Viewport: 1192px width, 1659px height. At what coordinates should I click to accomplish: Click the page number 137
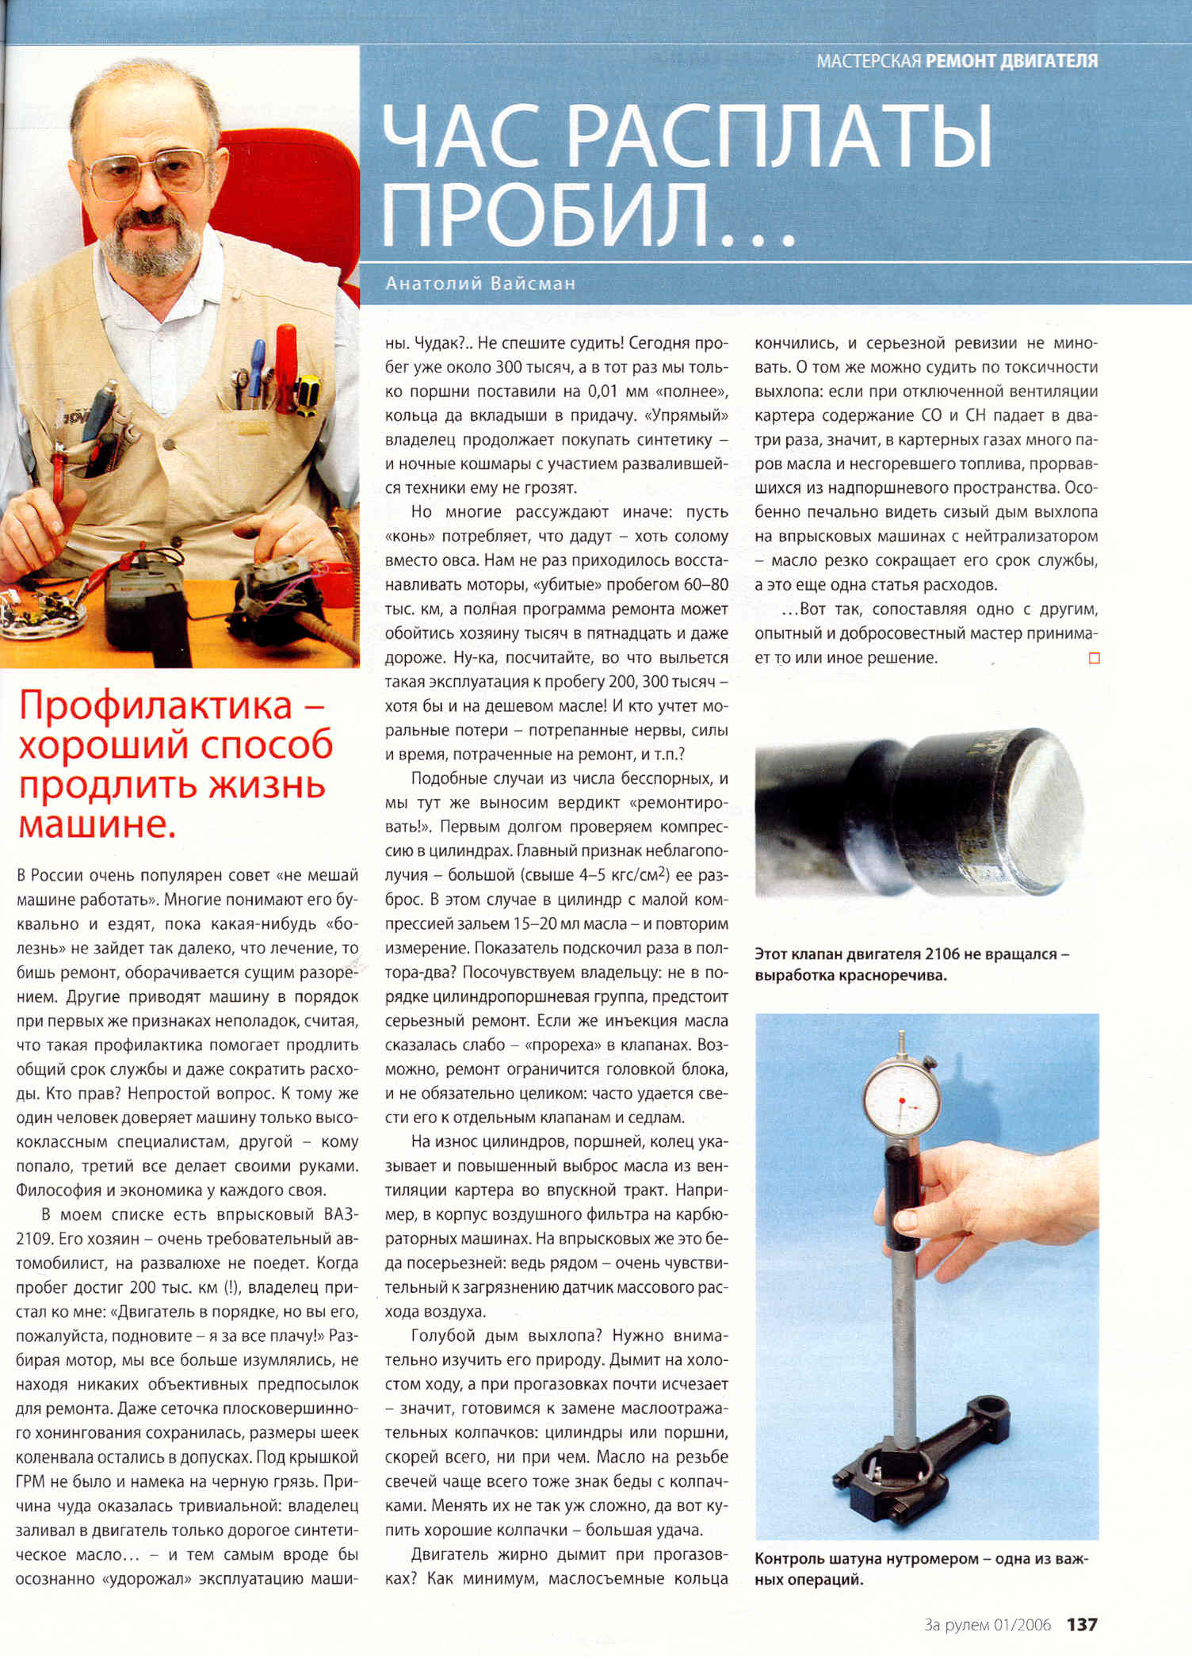tap(1081, 1624)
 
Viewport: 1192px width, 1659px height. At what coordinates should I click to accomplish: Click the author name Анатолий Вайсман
tap(480, 283)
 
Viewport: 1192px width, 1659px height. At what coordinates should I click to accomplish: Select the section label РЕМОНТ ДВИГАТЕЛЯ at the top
tap(1012, 61)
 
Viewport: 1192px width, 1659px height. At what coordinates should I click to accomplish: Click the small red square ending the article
tap(1095, 658)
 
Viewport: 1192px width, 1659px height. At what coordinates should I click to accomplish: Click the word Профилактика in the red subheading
tap(156, 705)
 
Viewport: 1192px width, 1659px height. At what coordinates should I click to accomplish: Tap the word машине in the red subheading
tap(96, 824)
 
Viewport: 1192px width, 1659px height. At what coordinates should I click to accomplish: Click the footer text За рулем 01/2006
tap(988, 1625)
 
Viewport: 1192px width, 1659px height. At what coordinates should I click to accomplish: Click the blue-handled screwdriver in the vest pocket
tap(258, 369)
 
